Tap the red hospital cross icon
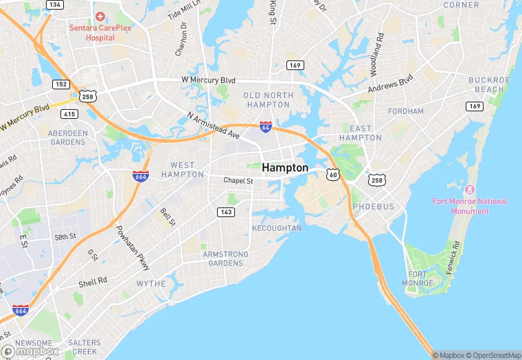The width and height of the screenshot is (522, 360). (100, 16)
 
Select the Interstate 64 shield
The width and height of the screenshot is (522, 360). (266, 127)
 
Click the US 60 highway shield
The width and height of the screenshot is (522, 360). (333, 175)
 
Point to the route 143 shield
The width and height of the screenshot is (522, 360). (226, 212)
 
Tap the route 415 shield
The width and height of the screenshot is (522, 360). (69, 113)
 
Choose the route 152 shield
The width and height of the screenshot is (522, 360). (60, 84)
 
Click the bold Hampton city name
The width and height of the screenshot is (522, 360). (285, 167)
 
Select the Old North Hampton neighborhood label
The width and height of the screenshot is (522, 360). (267, 100)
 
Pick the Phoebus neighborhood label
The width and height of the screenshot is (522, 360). (374, 207)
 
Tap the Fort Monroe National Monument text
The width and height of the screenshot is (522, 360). (470, 206)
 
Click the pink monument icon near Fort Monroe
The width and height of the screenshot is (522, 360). (470, 189)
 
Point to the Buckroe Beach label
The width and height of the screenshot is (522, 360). (486, 85)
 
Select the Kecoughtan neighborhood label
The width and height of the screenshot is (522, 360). (277, 228)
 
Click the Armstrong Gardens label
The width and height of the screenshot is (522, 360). (226, 259)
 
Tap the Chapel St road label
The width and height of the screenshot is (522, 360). (238, 181)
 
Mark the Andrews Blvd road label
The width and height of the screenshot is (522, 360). (391, 86)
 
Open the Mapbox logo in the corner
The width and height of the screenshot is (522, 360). (31, 351)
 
